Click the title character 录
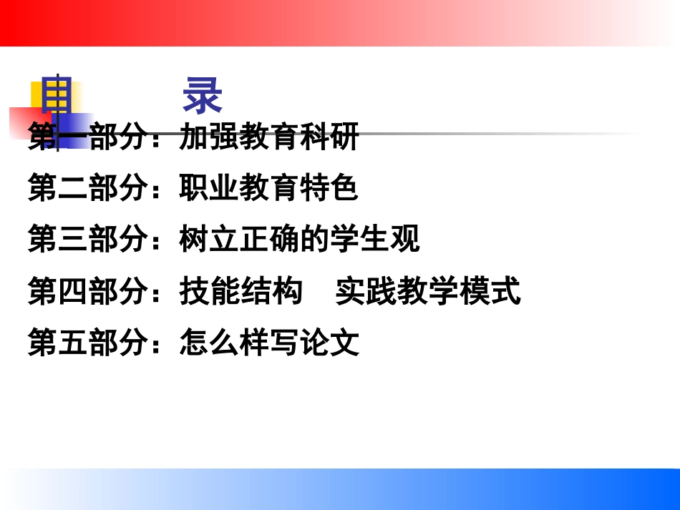(x=203, y=97)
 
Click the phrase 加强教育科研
(x=268, y=137)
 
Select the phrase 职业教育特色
(x=268, y=189)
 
